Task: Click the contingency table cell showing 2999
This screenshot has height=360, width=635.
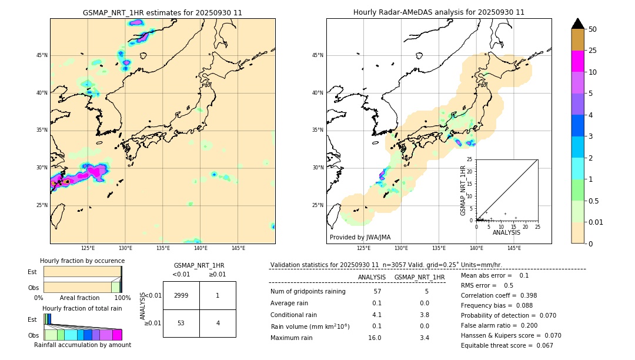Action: tap(181, 295)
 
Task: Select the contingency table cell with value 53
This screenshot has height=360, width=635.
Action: tap(181, 323)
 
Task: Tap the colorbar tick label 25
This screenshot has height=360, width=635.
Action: tap(593, 51)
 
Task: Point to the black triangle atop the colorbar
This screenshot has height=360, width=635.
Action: tap(578, 24)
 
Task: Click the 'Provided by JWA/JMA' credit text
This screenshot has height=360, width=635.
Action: tap(360, 237)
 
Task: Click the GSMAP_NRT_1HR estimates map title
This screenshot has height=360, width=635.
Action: tap(162, 12)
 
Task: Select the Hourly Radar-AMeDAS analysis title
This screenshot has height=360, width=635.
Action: tap(439, 12)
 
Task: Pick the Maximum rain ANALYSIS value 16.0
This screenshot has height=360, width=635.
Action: tap(375, 338)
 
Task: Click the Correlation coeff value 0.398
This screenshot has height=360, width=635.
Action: tap(523, 295)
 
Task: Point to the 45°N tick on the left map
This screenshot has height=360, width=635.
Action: tap(42, 55)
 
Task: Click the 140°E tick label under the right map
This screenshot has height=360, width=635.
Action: tap(476, 248)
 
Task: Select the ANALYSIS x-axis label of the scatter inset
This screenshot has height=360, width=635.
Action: tap(506, 232)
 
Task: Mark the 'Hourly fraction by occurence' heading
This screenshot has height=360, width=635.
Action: tap(82, 261)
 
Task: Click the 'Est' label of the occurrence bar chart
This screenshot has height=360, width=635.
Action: tap(32, 272)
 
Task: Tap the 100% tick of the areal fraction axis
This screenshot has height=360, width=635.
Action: tap(122, 298)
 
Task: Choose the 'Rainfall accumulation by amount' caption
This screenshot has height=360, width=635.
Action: tap(82, 345)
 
